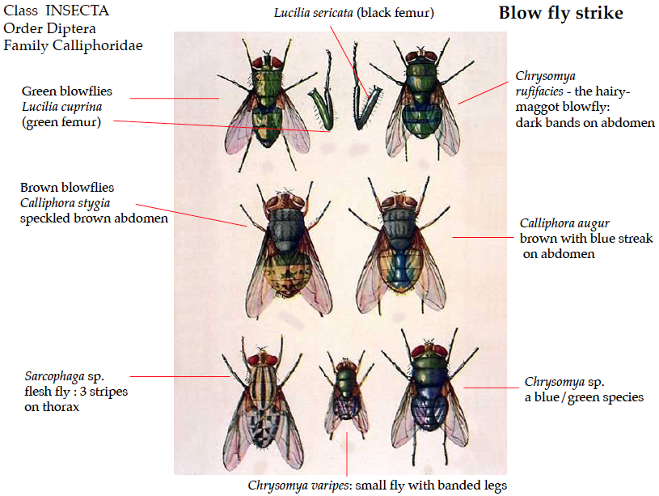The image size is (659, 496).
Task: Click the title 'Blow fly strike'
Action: (x=560, y=14)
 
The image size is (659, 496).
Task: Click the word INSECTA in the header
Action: (x=78, y=11)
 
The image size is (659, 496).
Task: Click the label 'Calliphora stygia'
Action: (x=65, y=202)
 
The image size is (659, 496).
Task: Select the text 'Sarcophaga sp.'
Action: (x=65, y=376)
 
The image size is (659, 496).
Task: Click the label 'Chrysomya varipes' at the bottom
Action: (x=300, y=485)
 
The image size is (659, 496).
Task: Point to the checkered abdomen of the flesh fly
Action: (x=263, y=425)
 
